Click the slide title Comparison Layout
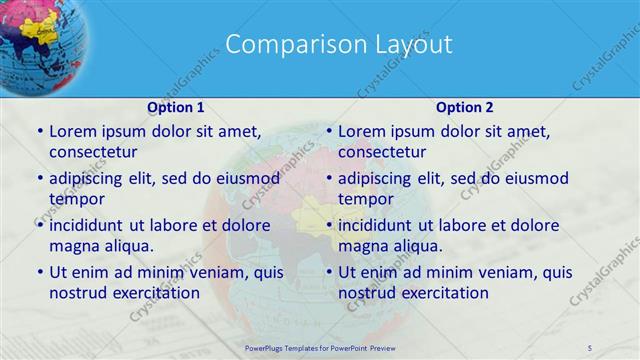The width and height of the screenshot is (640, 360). coord(338,44)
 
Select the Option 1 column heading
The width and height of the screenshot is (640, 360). coord(176,107)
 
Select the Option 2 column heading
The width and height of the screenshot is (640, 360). coord(464,107)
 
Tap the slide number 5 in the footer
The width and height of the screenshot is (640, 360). coord(590,347)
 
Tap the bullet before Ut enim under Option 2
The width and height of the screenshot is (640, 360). coord(329,273)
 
